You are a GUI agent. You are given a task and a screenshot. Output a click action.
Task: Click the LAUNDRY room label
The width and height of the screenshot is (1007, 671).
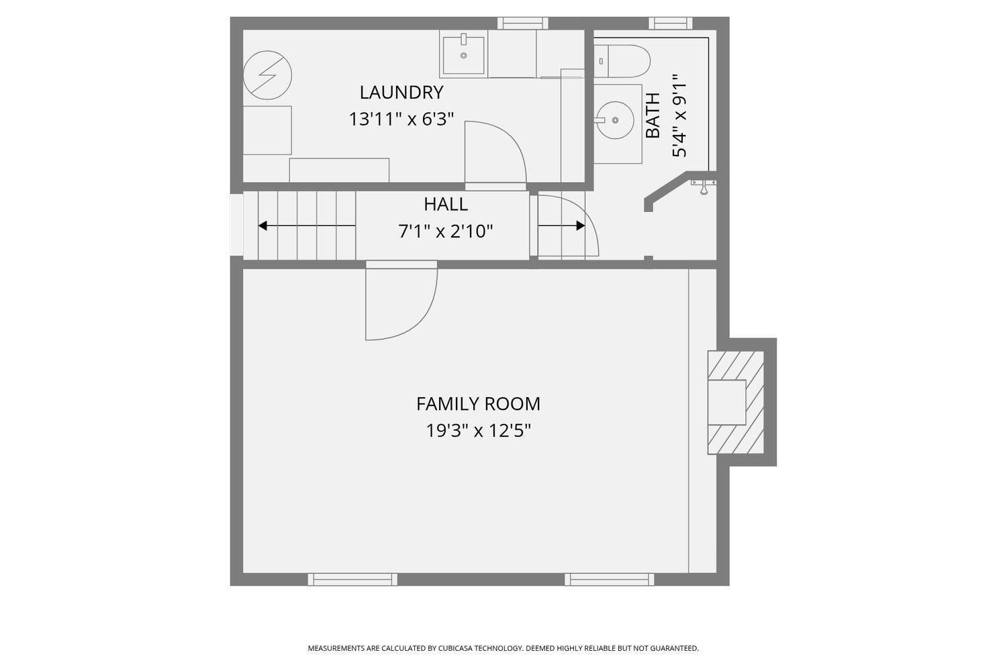click(x=401, y=93)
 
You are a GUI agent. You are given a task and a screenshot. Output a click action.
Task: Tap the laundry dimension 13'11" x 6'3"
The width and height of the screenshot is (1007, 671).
click(x=401, y=119)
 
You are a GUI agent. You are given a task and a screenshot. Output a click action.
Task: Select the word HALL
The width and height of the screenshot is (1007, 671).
click(x=446, y=205)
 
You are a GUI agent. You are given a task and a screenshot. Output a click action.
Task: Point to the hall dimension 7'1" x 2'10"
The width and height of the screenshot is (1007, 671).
click(x=446, y=231)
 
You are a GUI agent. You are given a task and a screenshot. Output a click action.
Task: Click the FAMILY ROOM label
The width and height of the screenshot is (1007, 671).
click(x=478, y=404)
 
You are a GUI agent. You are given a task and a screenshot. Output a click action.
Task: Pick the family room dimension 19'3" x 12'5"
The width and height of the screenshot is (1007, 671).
click(x=478, y=431)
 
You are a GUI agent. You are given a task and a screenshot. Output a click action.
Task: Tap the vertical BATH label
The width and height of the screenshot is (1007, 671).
click(x=653, y=115)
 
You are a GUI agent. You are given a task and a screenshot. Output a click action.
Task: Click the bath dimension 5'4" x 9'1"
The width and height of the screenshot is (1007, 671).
click(x=679, y=115)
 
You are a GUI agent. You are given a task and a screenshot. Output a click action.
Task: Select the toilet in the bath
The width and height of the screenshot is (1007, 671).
click(x=622, y=61)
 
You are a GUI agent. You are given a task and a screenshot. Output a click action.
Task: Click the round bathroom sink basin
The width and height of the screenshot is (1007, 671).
click(x=615, y=120)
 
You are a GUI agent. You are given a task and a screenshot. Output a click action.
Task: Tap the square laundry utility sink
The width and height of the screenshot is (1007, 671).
click(x=463, y=55)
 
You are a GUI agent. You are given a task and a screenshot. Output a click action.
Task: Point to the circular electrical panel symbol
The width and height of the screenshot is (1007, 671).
click(x=267, y=75)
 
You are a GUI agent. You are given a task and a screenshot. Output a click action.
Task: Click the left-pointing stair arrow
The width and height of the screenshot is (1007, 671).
click(x=307, y=225)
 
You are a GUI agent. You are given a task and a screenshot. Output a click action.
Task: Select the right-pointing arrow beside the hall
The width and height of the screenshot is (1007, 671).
click(x=561, y=225)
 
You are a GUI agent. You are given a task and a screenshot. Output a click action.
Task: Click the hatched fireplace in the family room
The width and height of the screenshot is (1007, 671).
click(x=736, y=402)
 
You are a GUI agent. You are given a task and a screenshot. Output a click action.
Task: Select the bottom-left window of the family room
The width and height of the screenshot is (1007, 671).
click(x=352, y=579)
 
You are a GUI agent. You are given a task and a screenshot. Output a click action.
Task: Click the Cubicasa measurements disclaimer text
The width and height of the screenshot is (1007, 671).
click(x=503, y=648)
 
